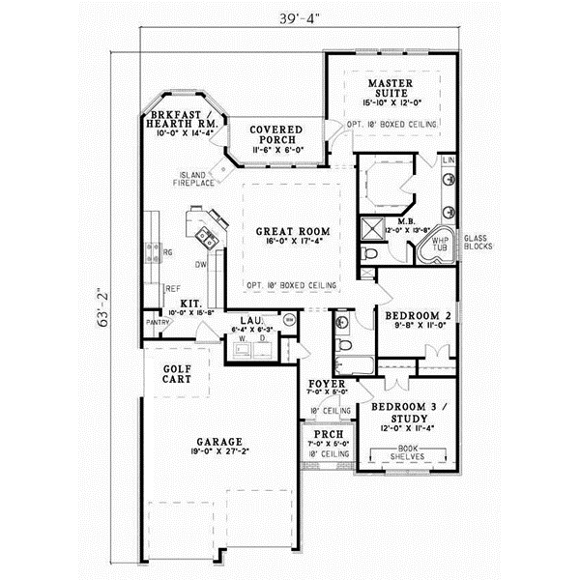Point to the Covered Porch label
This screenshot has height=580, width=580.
(x=275, y=135)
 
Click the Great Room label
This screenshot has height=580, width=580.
(x=293, y=232)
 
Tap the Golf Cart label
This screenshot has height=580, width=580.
(x=176, y=372)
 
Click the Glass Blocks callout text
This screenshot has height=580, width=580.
(x=478, y=242)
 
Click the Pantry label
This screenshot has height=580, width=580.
(x=158, y=322)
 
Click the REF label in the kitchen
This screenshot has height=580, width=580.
(x=172, y=288)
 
